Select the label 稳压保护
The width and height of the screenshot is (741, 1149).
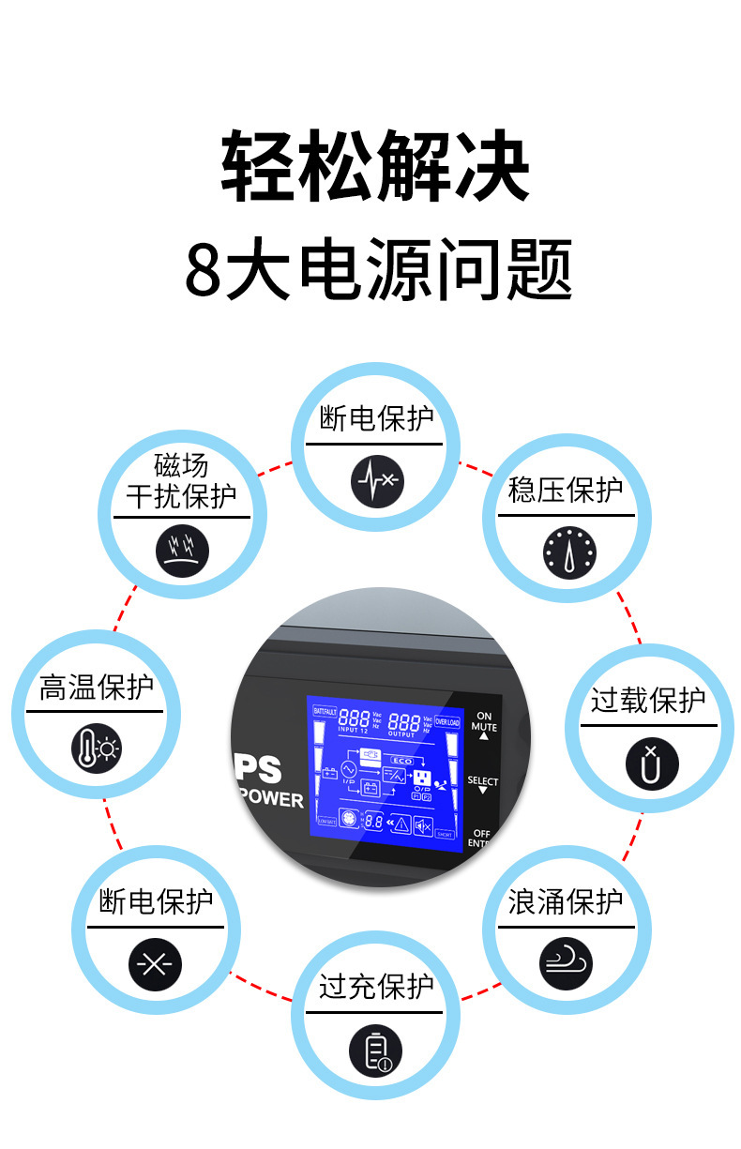[x=566, y=490]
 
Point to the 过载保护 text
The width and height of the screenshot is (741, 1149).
[x=648, y=700]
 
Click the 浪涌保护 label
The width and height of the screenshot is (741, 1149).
[x=566, y=901]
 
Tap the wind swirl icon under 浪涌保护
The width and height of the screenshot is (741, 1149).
[x=567, y=963]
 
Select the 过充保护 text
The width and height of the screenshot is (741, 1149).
[x=376, y=986]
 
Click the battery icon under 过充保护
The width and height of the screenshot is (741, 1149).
[x=375, y=1049]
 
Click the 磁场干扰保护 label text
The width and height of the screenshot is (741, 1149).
[x=181, y=480]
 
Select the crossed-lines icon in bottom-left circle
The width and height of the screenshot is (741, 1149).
[x=155, y=964]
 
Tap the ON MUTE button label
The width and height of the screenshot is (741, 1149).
[x=484, y=721]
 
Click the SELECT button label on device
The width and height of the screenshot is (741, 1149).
[x=483, y=781]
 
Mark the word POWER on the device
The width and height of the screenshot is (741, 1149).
[x=272, y=800]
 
